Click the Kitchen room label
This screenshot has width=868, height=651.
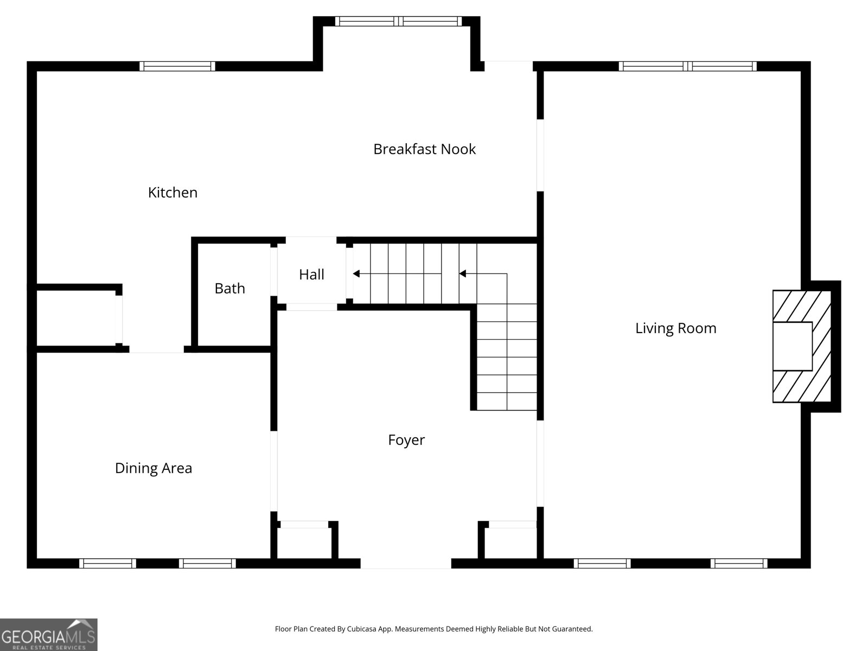tap(173, 193)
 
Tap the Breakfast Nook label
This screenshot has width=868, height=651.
tap(424, 149)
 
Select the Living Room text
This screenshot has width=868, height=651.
tap(676, 328)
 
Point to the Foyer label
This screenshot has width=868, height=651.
tap(406, 440)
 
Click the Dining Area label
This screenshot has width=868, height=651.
tap(154, 468)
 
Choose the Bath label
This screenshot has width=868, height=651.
tap(230, 289)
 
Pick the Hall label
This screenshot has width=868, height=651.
tap(311, 275)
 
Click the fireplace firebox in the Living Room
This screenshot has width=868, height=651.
tap(793, 346)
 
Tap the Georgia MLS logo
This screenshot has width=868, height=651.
tap(49, 634)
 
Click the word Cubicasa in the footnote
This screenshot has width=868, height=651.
tap(361, 629)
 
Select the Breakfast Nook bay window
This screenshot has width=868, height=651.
tap(399, 21)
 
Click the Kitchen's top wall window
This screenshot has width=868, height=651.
tap(177, 66)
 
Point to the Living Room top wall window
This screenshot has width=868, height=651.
tap(688, 66)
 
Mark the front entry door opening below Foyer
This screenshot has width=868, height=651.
tap(406, 563)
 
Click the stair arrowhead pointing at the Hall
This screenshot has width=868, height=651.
tap(356, 273)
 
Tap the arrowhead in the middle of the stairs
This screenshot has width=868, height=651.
tap(462, 273)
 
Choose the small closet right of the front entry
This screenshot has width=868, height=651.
tap(510, 543)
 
